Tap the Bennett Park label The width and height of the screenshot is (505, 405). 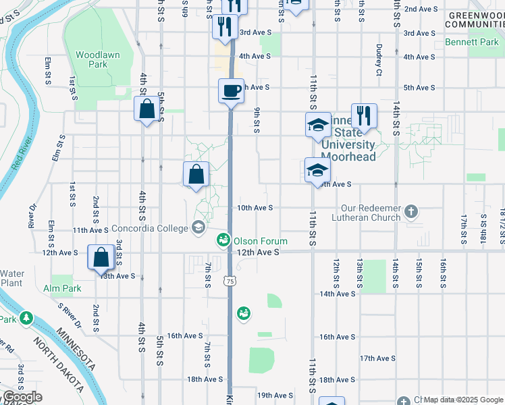coord(471,42)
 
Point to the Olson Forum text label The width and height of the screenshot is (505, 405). coord(261,241)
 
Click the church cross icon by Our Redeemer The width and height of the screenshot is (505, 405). coord(411,213)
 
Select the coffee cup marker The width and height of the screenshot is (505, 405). coord(231,90)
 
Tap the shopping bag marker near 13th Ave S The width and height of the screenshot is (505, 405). coord(101,258)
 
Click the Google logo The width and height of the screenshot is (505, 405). coord(22,397)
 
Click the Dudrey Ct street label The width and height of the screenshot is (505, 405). coord(379,59)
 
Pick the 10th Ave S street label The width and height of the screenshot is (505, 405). coord(255,208)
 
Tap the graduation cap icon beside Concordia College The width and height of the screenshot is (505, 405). coord(198,227)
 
